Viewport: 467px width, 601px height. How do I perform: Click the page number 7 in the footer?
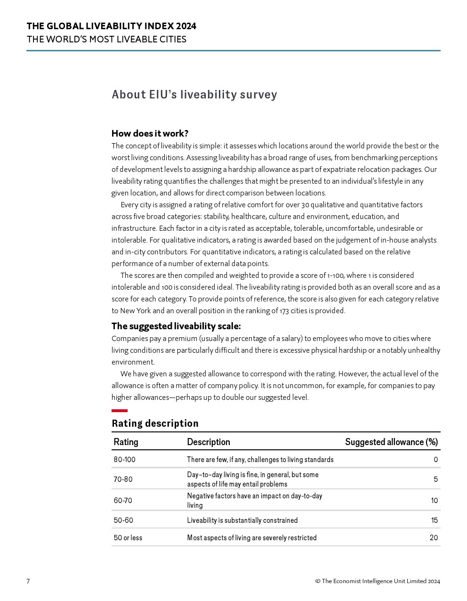(28, 581)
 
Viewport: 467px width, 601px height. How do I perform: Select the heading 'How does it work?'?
(150, 133)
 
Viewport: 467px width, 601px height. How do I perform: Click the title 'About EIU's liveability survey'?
(194, 95)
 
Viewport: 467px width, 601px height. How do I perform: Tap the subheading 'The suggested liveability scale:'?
(176, 326)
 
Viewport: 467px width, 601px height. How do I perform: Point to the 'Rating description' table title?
(155, 423)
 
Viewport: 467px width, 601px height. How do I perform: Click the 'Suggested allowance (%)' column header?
(391, 442)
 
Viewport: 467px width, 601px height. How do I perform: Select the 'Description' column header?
(208, 442)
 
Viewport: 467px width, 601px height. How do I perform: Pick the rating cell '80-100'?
(124, 459)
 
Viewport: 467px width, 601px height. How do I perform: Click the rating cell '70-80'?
(123, 479)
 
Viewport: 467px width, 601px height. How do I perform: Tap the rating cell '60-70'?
(123, 500)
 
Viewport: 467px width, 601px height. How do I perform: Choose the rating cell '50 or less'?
(128, 537)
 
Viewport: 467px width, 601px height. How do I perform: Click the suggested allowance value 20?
(434, 537)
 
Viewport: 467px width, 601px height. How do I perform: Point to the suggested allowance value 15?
(434, 520)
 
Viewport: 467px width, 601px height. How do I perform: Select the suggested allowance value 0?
(435, 459)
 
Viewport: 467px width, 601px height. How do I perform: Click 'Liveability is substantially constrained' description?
(242, 520)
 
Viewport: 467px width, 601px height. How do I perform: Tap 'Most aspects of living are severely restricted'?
(251, 537)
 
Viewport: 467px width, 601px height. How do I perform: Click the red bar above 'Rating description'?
(120, 411)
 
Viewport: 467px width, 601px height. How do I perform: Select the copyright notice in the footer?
(378, 581)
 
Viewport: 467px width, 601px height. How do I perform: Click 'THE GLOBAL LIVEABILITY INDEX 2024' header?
(111, 26)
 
